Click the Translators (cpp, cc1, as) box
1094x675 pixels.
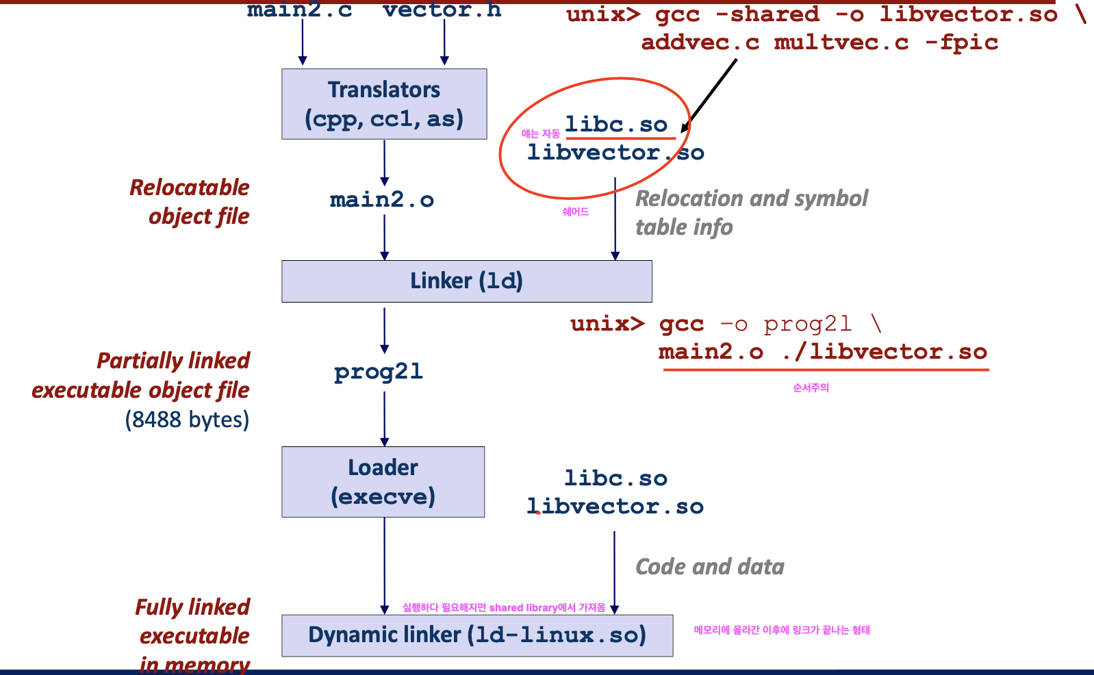384,104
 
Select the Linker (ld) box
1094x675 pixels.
466,281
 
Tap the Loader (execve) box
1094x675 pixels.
383,482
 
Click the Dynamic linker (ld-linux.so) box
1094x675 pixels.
476,635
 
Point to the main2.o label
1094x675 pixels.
382,200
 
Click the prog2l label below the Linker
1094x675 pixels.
379,372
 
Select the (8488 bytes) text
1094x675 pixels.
187,420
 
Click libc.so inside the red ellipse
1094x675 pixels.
616,125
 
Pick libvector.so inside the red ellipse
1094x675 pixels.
615,153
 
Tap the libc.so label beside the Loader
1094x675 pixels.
615,479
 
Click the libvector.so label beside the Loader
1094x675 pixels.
615,507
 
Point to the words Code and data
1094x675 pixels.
710,567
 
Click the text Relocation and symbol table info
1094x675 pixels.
751,212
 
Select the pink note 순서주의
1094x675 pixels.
811,388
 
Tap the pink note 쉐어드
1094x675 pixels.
576,212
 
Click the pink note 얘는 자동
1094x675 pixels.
540,133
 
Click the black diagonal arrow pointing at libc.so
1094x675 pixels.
709,94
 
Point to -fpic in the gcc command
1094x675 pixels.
961,42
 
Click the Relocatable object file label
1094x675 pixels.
190,202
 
